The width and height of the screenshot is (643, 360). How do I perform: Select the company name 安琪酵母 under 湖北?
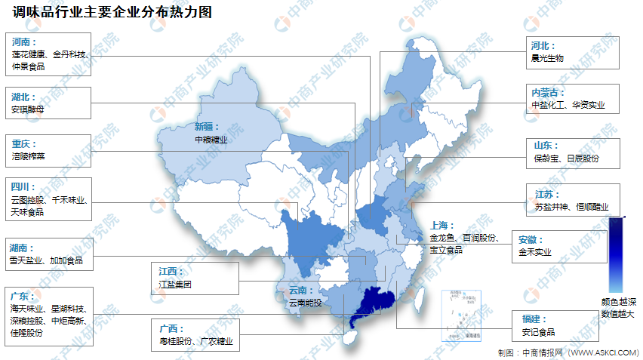tap(28, 109)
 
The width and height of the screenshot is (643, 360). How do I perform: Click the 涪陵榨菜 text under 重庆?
tap(28, 157)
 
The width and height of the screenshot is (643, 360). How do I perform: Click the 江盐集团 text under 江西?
tap(175, 285)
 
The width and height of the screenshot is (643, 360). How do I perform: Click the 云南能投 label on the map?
tap(304, 303)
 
